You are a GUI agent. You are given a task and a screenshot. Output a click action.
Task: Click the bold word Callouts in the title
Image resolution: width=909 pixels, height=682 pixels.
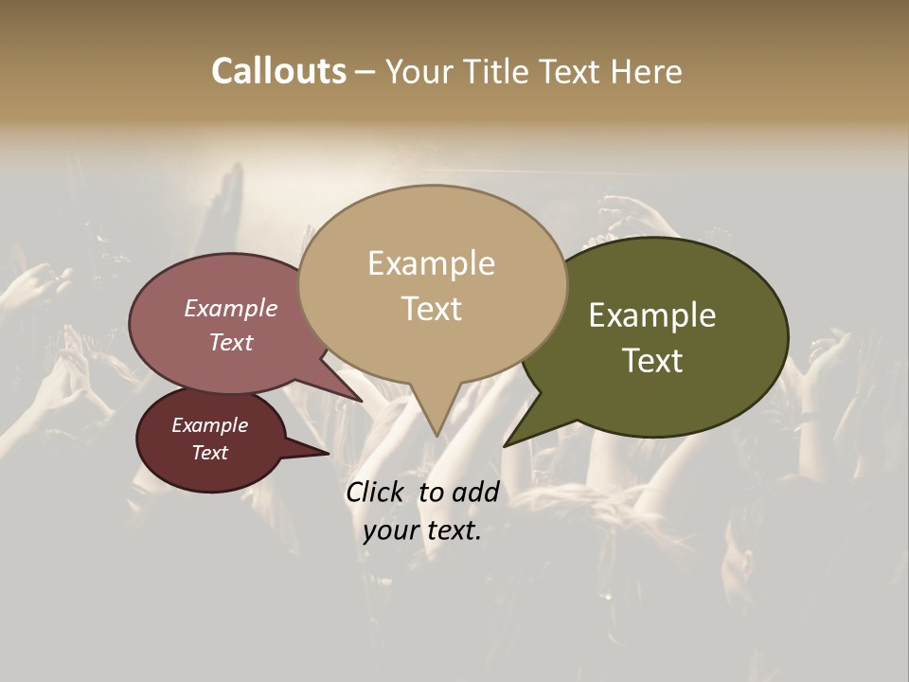coord(278,71)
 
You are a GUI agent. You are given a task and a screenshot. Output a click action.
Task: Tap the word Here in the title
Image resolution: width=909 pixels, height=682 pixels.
coord(647,71)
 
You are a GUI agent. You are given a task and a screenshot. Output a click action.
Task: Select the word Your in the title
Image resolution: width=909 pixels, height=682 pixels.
coord(421,71)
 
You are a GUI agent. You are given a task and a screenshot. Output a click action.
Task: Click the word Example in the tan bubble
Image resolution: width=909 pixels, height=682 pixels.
coord(431,263)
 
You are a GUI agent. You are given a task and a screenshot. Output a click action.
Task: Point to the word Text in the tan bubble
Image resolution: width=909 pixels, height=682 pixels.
coord(431,309)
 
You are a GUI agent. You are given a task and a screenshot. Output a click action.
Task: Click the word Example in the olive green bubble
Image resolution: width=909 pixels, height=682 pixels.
coord(652,315)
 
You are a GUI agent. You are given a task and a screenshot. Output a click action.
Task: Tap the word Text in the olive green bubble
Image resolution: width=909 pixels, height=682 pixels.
coord(652,361)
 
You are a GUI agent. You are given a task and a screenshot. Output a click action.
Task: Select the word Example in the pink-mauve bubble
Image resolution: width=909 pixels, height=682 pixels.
coord(231,308)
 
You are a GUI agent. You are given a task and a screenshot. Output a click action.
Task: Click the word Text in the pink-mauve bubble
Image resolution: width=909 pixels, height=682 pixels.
coord(231,342)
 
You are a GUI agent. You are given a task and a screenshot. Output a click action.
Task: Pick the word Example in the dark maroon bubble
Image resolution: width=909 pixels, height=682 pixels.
coord(209,425)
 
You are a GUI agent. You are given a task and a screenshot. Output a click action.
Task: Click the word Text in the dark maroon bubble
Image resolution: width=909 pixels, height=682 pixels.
coord(209,453)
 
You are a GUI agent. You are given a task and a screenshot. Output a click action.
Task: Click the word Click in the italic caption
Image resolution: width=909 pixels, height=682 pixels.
coord(374,492)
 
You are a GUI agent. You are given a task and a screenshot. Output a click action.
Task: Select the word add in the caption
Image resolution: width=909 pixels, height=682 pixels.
coord(475,492)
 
